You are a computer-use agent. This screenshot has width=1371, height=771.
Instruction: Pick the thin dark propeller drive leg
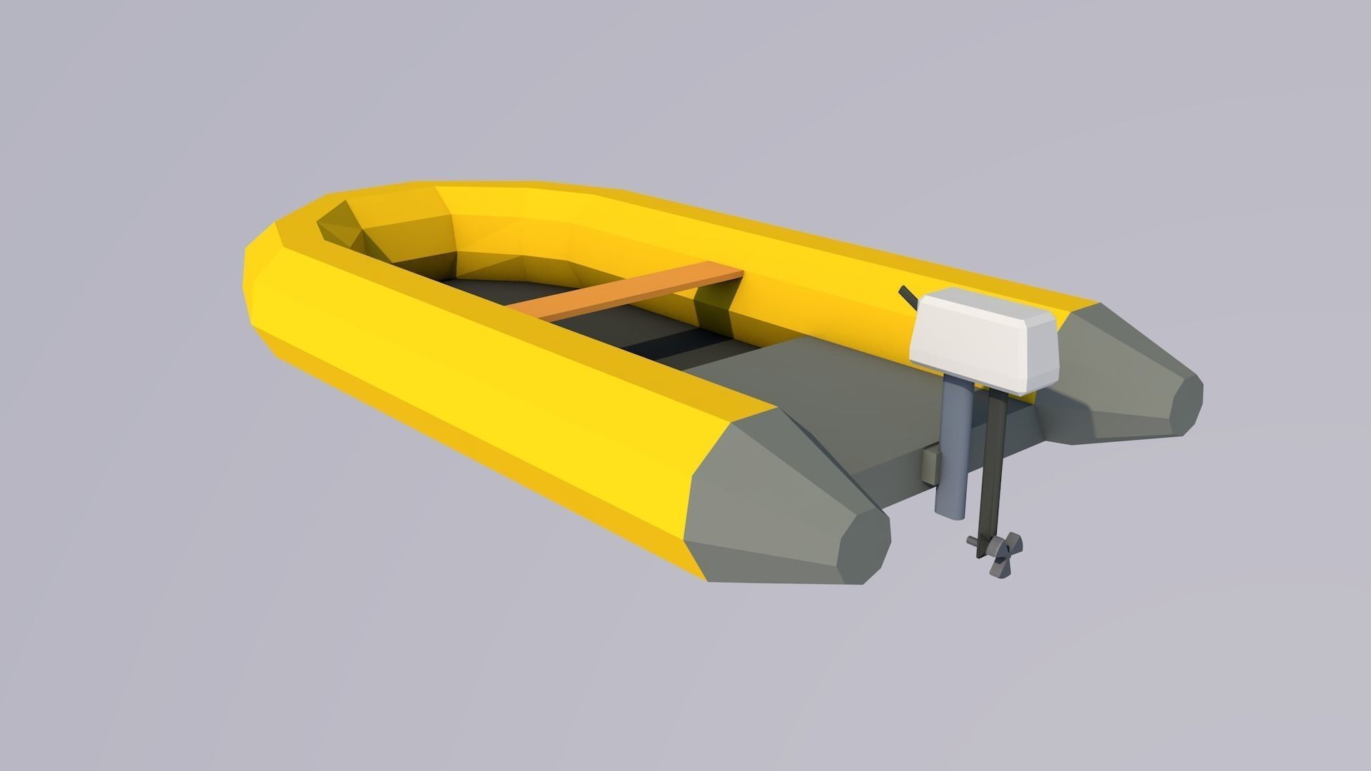(995, 464)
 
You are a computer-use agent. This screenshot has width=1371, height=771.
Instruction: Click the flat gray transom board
(878, 421)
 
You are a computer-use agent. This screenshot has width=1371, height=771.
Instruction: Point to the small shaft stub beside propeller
(974, 542)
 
